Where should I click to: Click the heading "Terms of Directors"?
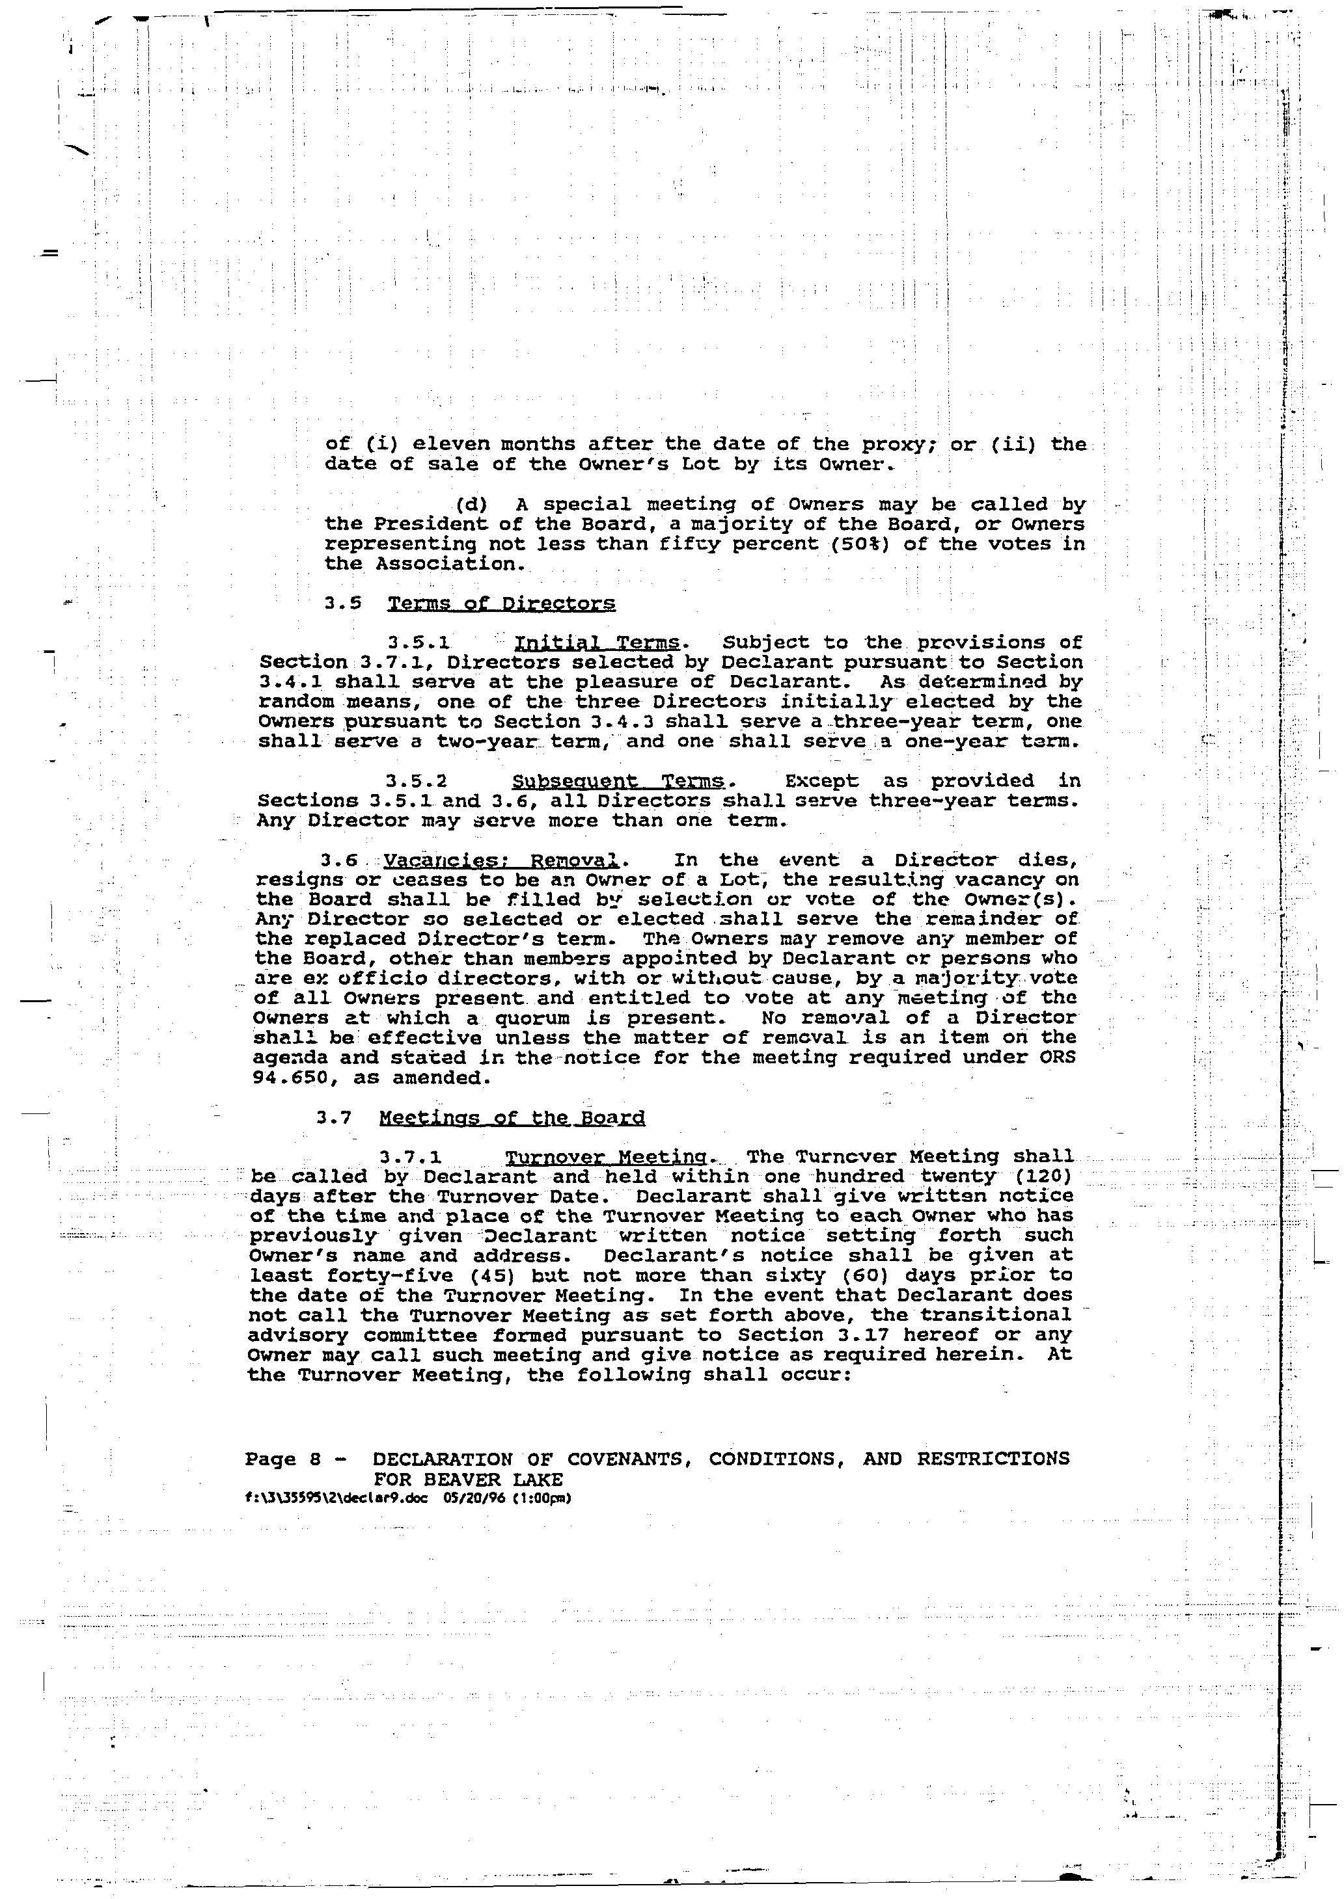pos(502,603)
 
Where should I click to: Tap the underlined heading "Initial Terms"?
pos(597,643)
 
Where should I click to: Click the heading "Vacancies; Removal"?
pos(501,860)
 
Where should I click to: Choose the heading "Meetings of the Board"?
pos(512,1118)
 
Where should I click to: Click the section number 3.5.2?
pos(417,781)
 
